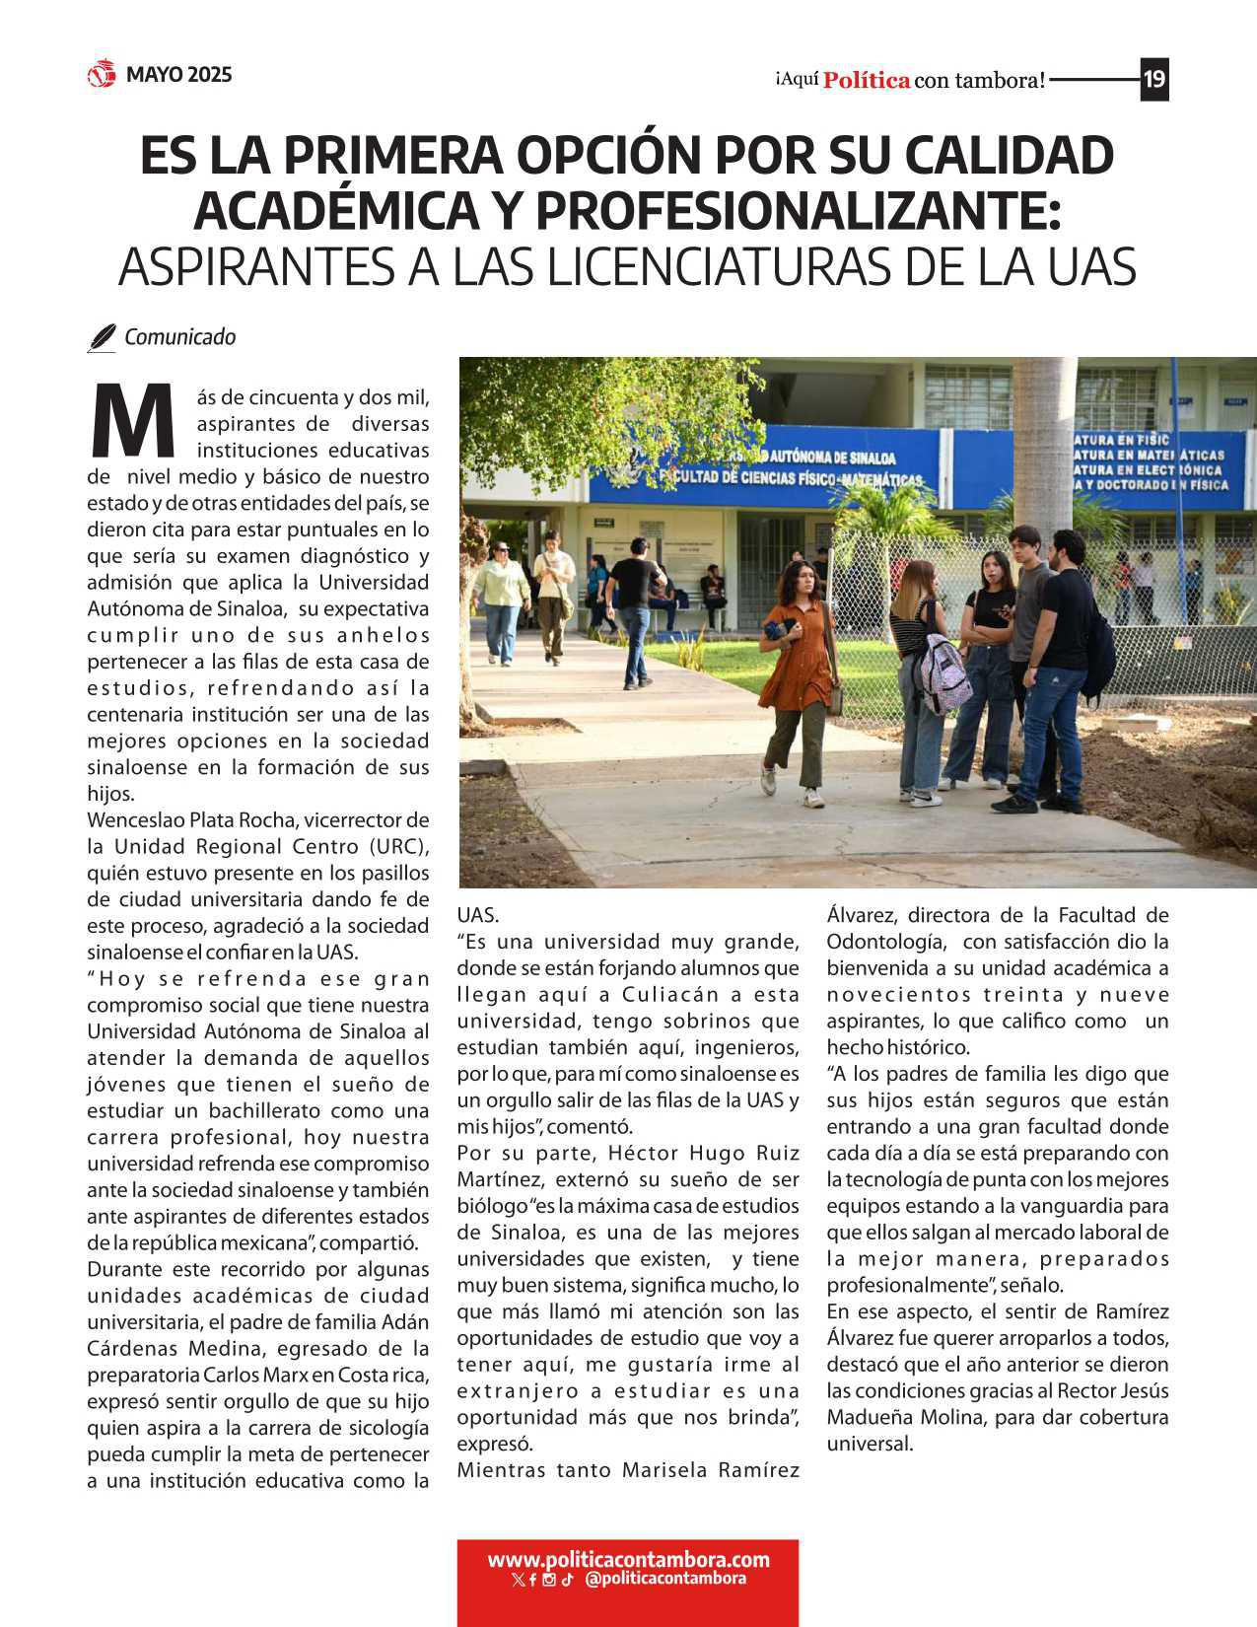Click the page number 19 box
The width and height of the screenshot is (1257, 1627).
click(1153, 79)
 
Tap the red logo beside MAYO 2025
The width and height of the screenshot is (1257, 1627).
click(102, 74)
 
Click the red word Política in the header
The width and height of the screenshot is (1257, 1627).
click(866, 80)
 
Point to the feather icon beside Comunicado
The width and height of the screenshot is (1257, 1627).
click(102, 337)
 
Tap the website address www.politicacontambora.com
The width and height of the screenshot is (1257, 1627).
click(628, 1559)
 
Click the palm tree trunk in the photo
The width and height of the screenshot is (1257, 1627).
click(1043, 444)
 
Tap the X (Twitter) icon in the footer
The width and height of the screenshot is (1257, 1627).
click(518, 1580)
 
